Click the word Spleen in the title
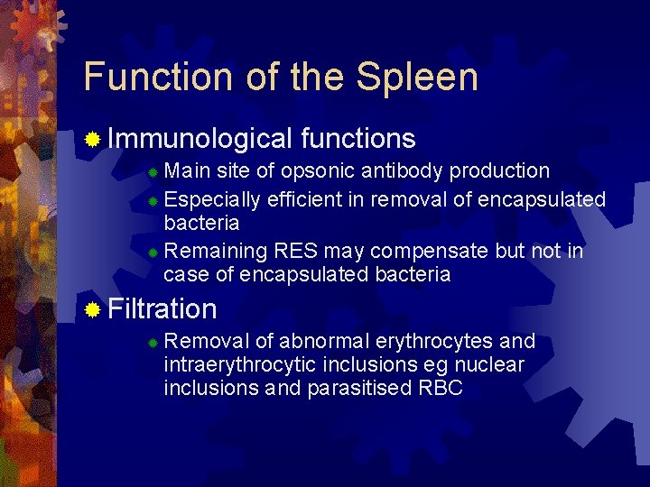coord(416,78)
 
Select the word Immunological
coord(200,138)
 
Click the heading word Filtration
coord(162,309)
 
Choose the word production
coord(499,171)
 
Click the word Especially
coord(212,199)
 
